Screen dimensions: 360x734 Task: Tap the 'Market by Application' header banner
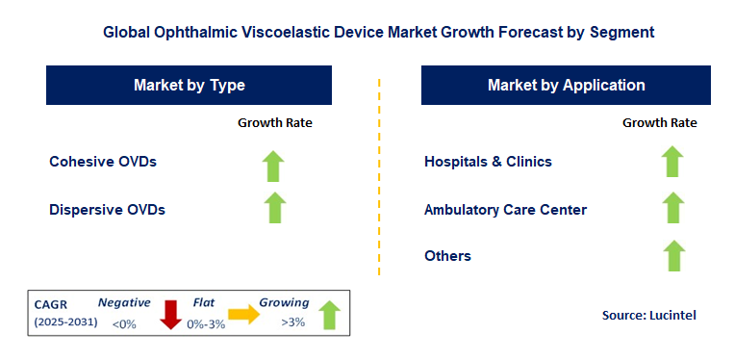tap(566, 85)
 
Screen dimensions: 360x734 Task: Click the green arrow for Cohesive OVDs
tap(275, 166)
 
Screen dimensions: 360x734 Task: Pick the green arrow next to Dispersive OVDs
tap(275, 209)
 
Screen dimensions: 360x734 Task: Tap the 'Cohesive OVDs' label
tap(103, 162)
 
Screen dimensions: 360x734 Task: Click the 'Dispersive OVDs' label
tap(108, 209)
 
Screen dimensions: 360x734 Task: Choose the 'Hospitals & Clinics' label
tap(488, 162)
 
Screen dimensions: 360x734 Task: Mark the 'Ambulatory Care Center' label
tap(505, 210)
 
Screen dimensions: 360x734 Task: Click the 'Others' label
tap(447, 256)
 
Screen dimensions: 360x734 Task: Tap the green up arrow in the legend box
tap(329, 315)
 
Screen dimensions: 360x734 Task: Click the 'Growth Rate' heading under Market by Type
tap(275, 122)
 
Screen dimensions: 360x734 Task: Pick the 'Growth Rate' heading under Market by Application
tap(660, 122)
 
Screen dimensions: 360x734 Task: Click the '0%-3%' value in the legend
tap(205, 323)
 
